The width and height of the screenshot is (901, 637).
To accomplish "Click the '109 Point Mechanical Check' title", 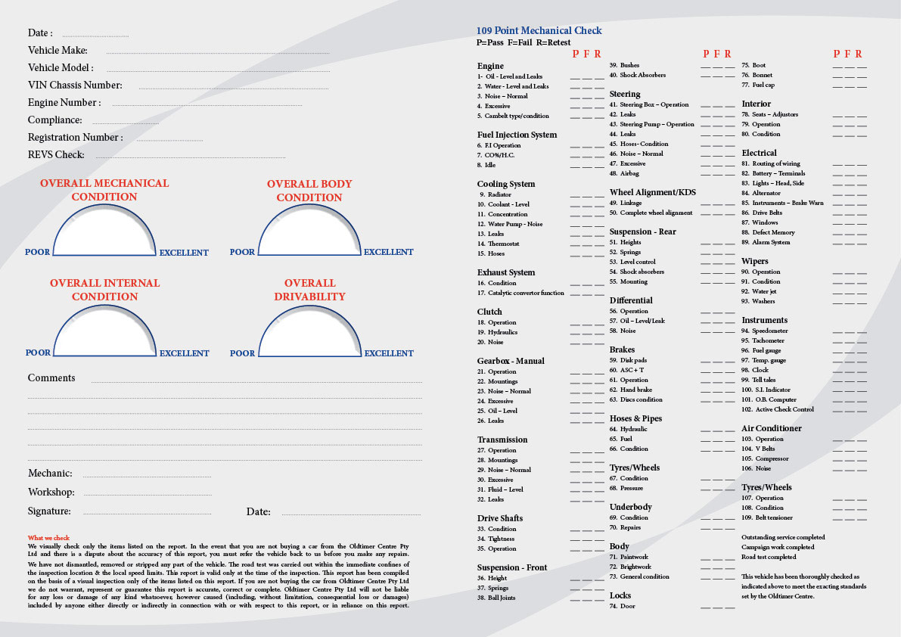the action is coord(539,30).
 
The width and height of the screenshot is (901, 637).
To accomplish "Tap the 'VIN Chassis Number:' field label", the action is coord(75,85).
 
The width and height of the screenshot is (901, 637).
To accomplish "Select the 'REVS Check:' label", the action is coord(56,154).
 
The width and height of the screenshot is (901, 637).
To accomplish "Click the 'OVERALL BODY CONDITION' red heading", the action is coord(309,191).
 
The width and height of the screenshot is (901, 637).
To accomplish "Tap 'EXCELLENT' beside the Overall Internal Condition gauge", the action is coord(185,353).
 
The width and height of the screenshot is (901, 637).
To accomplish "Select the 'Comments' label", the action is coord(51,378).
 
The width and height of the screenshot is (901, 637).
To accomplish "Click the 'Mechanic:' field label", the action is coord(50,474).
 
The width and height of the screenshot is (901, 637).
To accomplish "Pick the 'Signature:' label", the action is coord(49,511).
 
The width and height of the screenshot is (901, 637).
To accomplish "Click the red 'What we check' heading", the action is coord(49,538).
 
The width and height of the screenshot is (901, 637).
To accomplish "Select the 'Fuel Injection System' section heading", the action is coord(517,135).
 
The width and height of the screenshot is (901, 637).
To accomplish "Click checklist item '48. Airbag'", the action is coord(624,173).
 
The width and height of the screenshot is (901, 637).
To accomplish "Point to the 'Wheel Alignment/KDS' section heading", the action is coord(653,192).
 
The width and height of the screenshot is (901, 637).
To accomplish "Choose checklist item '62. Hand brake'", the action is coord(631,390).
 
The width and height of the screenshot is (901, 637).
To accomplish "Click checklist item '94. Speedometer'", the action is coord(765,331).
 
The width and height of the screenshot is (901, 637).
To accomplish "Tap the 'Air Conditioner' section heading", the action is coord(772,428).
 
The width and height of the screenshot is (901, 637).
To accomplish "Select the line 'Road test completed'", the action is coord(769,557).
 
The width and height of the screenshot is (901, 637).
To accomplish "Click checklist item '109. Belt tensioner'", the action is coord(767,517).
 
